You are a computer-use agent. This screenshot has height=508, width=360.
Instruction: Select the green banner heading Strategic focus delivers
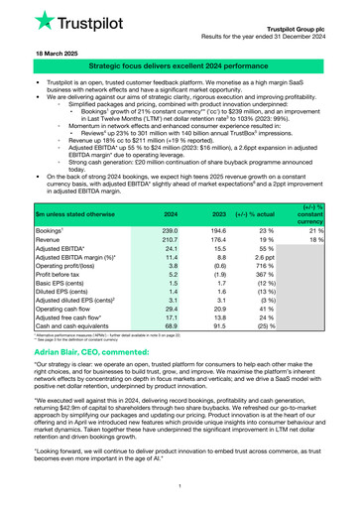pos(180,63)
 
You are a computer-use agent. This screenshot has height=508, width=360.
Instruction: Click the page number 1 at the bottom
pos(180,484)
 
